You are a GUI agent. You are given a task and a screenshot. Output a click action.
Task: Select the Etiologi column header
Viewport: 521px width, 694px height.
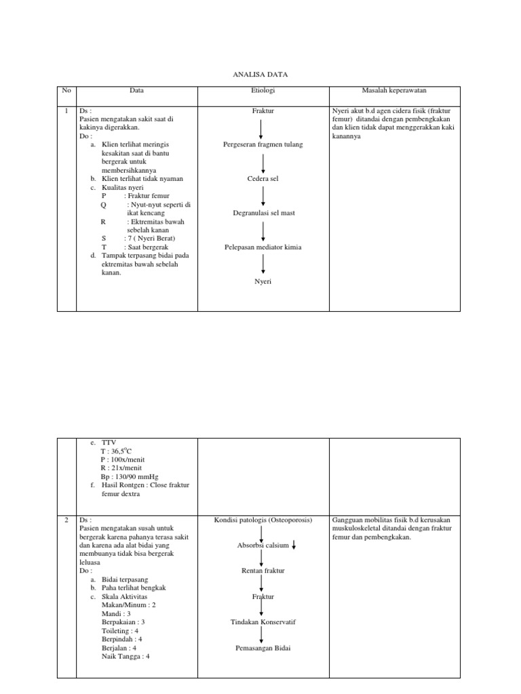coord(263,90)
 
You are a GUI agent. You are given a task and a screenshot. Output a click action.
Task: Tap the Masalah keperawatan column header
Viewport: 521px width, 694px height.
coord(394,90)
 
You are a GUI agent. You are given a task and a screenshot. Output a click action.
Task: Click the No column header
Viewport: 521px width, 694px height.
coord(66,90)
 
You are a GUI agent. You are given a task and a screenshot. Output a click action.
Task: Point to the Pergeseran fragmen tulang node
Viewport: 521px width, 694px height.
coord(263,145)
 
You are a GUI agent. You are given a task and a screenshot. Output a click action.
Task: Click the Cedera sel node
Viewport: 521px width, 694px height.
coord(263,179)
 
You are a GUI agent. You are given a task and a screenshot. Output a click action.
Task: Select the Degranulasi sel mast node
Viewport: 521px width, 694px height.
coord(263,213)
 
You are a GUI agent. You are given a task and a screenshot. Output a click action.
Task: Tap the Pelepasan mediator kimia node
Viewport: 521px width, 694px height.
coord(263,247)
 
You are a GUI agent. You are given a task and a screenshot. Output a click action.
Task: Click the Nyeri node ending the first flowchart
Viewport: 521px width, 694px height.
coord(263,281)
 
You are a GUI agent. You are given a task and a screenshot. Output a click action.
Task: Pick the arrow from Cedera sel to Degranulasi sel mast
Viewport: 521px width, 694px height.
coord(263,196)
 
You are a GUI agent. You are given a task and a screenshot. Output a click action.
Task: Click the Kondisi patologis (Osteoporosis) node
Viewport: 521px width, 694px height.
coord(263,520)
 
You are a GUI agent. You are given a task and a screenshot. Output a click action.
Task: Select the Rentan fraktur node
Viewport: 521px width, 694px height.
coord(263,571)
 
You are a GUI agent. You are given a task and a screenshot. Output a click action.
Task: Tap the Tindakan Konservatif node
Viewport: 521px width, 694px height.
coord(263,621)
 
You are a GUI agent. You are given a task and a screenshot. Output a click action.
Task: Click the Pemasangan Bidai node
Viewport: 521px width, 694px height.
coord(263,647)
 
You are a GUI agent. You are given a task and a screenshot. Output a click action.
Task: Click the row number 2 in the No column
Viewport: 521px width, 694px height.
coord(66,520)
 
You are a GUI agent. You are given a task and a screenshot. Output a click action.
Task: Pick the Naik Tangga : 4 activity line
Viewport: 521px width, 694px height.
coord(126,656)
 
